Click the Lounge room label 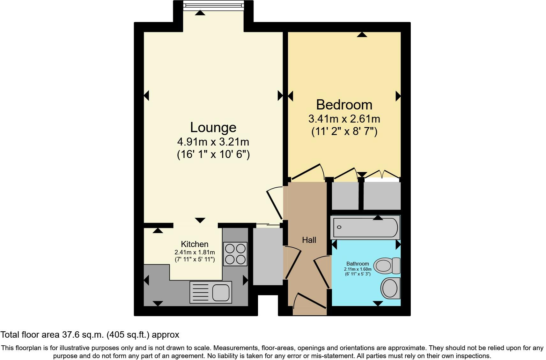[213, 127]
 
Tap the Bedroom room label [344, 105]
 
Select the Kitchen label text [195, 244]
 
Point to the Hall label [309, 240]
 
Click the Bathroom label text [358, 264]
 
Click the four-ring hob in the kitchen [235, 254]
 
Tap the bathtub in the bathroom [365, 227]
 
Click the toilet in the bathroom [387, 266]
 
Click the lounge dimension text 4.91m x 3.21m [213, 141]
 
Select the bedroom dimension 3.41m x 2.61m [344, 119]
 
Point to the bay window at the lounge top [213, 4]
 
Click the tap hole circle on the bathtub [339, 227]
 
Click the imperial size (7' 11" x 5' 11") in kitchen [195, 259]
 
